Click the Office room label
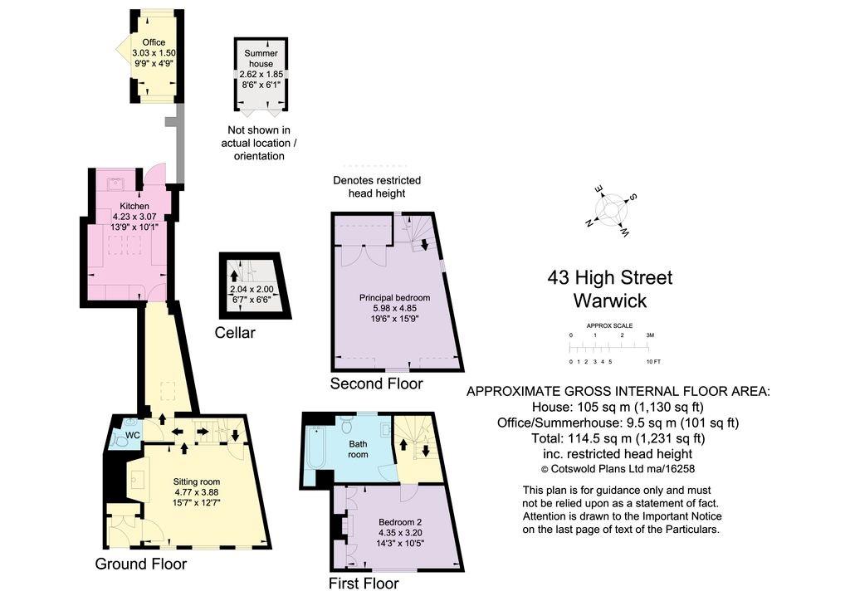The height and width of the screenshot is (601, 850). (x=154, y=42)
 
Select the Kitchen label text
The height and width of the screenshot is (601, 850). (x=134, y=206)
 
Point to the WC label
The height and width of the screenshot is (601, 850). (x=132, y=435)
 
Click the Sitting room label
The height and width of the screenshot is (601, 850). (x=197, y=481)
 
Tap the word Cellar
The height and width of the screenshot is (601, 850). (x=235, y=333)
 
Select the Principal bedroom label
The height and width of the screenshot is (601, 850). (x=394, y=297)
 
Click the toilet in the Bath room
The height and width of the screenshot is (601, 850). (x=347, y=425)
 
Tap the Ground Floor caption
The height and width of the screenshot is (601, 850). (x=140, y=564)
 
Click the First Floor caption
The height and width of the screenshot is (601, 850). (x=364, y=584)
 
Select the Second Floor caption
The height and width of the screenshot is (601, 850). (x=376, y=384)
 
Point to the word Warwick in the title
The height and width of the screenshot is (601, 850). (x=610, y=300)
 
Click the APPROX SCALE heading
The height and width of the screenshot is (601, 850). (x=610, y=325)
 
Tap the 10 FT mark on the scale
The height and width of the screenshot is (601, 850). (x=653, y=362)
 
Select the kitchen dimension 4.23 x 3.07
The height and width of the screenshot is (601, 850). (x=134, y=217)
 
